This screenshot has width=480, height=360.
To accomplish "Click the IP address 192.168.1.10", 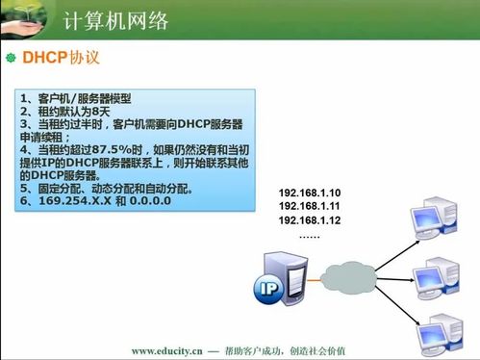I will [x=310, y=193].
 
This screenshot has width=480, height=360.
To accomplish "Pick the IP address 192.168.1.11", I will [x=310, y=206].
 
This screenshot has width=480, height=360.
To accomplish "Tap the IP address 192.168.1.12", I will [x=310, y=220].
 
